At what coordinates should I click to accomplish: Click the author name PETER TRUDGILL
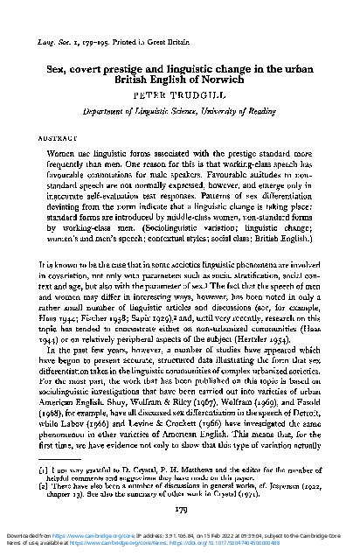pyautogui.click(x=180, y=90)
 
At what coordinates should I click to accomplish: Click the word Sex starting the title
pyautogui.click(x=57, y=65)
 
